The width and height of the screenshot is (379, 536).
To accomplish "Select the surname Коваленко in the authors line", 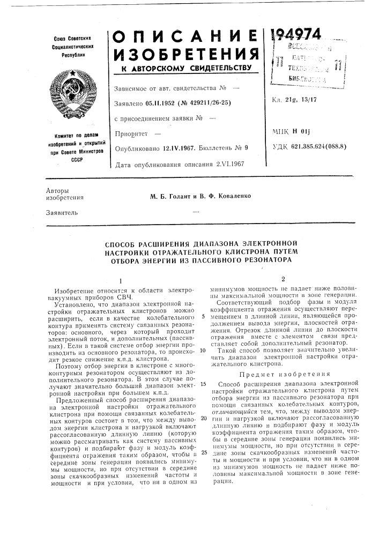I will (225, 195).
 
